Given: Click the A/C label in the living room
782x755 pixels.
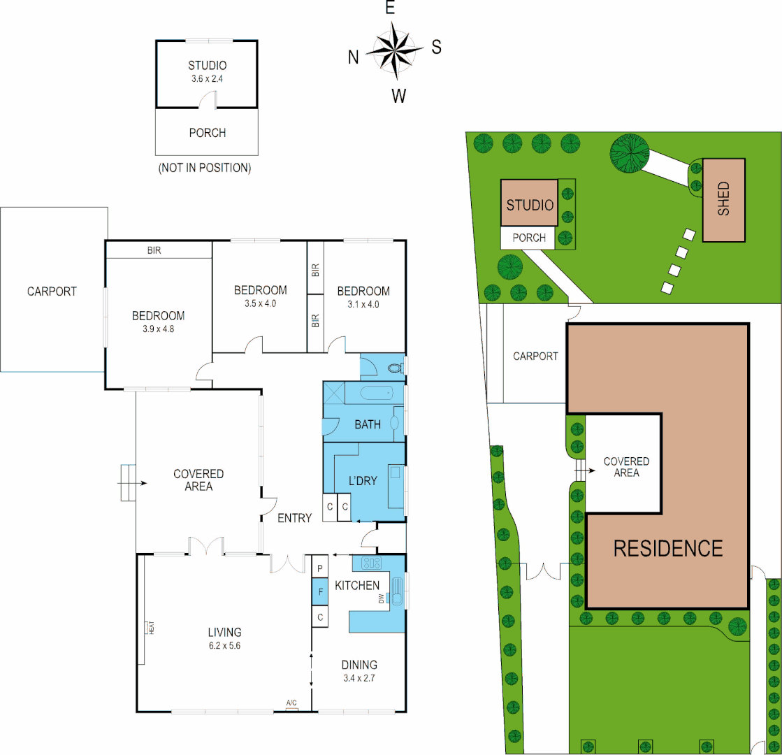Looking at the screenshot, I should click(292, 703).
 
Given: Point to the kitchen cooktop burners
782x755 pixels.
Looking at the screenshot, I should click(370, 563).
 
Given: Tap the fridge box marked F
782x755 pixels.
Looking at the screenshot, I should click(321, 591).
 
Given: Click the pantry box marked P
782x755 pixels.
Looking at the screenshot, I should click(321, 567).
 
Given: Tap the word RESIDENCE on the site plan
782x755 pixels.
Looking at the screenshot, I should click(667, 548).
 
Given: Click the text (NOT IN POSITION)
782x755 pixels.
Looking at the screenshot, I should click(204, 168).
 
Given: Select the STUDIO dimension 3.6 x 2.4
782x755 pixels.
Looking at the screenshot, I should click(207, 79).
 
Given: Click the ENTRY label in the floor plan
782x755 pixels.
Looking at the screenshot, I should click(294, 518).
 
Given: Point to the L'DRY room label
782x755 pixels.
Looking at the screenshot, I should click(363, 481).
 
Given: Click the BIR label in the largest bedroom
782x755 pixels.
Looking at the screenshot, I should click(154, 250).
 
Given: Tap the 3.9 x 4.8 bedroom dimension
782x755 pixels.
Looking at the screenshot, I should click(158, 328).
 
